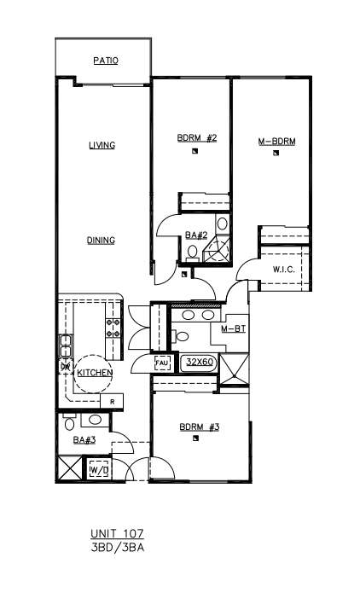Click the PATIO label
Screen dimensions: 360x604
pos(106,61)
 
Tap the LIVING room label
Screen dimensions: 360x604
pos(102,145)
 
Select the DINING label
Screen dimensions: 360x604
pos(101,241)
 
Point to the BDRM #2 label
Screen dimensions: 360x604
pos(197,137)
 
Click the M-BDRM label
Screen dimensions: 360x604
pos(277,142)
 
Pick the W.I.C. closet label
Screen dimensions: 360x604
pos(284,270)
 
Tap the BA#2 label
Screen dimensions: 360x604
pos(196,235)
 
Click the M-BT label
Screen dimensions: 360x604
pos(234,329)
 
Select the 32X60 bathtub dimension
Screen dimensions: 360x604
pos(200,362)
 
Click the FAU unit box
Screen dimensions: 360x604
pos(162,363)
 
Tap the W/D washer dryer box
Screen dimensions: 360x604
pos(99,470)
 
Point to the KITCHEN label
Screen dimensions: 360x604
pos(95,373)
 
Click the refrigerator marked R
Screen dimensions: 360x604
pos(112,401)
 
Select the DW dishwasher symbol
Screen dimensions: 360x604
pos(66,366)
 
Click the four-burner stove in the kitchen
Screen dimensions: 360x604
pos(113,328)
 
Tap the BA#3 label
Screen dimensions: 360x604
pos(84,439)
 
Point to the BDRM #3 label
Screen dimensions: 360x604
pos(200,427)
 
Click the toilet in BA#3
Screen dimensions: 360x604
pos(69,422)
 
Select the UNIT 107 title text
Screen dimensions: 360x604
pos(117,533)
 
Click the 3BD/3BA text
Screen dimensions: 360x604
pos(118,548)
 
